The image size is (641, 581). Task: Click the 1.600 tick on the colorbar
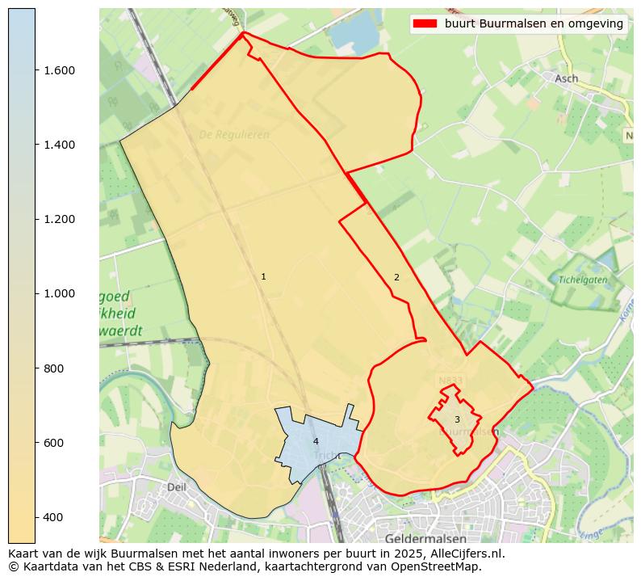pos(59,70)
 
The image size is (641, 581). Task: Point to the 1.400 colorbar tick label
pos(59,145)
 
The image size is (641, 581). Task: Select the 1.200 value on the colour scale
pos(59,219)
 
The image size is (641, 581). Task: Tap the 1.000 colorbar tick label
pos(59,293)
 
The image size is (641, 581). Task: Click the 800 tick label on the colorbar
pos(53,368)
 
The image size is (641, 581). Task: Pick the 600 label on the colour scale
pos(53,443)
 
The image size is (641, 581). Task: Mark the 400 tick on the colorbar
pos(53,517)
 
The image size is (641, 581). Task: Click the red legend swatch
pos(425,23)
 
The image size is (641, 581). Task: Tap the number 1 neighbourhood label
pos(263,277)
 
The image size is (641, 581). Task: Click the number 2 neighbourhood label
pos(396,278)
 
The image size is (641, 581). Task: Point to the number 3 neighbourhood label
pos(457,419)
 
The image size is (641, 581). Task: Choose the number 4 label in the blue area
pos(316,441)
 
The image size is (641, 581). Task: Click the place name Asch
pos(566,78)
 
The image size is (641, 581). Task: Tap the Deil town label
pos(176,487)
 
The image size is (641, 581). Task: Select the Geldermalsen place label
pos(426,538)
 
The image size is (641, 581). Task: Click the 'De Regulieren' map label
pos(234,135)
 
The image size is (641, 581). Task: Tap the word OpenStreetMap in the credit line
pos(435,566)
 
